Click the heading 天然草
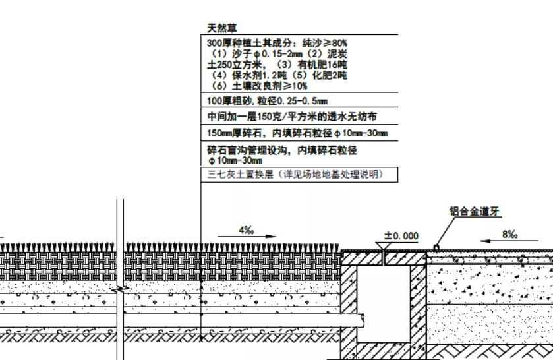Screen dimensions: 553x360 pyautogui.click(x=222, y=28)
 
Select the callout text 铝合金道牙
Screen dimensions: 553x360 pyautogui.click(x=475, y=211)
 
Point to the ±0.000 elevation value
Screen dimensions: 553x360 pyautogui.click(x=401, y=236)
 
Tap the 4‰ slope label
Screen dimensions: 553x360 pyautogui.click(x=246, y=230)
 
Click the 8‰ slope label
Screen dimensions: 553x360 pyautogui.click(x=509, y=234)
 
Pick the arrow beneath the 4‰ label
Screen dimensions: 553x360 pyautogui.click(x=247, y=237)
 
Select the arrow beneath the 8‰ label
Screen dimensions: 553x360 pyautogui.click(x=509, y=241)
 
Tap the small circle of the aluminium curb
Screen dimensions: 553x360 pyautogui.click(x=436, y=248)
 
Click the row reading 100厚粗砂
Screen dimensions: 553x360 pyautogui.click(x=267, y=101)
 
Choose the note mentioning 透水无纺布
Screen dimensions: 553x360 pyautogui.click(x=292, y=116)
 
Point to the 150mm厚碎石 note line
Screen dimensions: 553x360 pyautogui.click(x=297, y=133)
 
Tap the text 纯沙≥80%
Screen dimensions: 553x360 pyautogui.click(x=325, y=43)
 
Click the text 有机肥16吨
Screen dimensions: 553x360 pyautogui.click(x=322, y=65)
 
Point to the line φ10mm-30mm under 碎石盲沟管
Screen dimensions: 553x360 pyautogui.click(x=235, y=161)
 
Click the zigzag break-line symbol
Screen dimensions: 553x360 pyautogui.click(x=120, y=289)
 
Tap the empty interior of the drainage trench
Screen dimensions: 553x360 pyautogui.click(x=384, y=303)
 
